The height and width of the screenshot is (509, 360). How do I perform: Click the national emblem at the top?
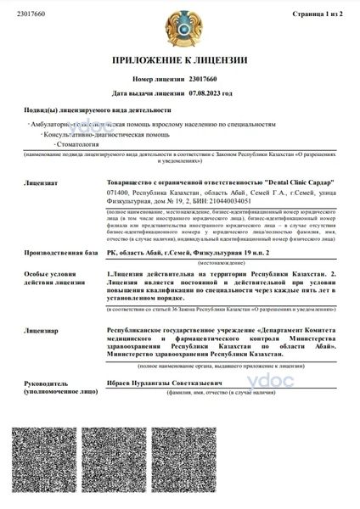tap(180, 25)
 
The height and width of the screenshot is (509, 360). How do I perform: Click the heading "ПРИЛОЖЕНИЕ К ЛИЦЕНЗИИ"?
tap(180, 60)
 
